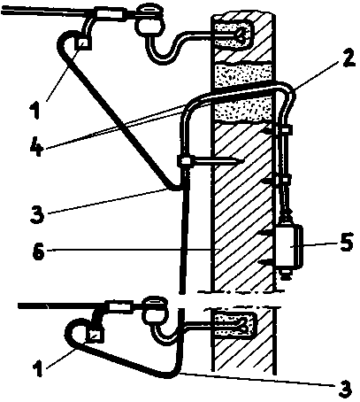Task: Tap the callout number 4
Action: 37,147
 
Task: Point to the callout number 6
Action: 39,252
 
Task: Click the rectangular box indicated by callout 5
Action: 290,247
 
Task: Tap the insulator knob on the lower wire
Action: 156,310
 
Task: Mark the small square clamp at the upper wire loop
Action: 83,44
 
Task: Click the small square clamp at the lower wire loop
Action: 96,336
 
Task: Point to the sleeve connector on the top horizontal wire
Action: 111,14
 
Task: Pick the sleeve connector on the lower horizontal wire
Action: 121,305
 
